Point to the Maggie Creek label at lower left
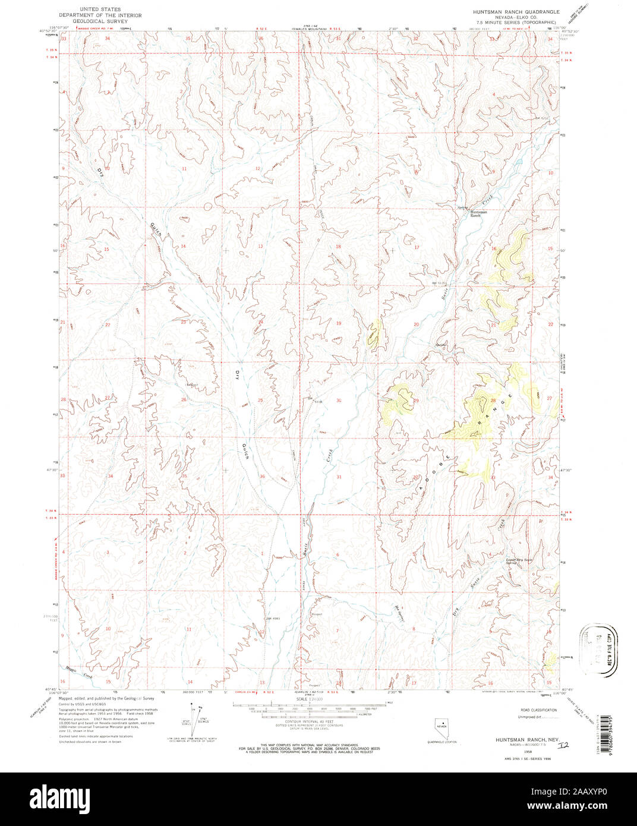click(80, 672)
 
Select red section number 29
click(417, 401)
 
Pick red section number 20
click(416, 324)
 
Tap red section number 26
click(184, 400)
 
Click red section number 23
click(184, 322)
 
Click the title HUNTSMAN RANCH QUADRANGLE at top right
click(516, 11)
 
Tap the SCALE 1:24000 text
click(309, 699)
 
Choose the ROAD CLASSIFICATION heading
click(538, 710)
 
